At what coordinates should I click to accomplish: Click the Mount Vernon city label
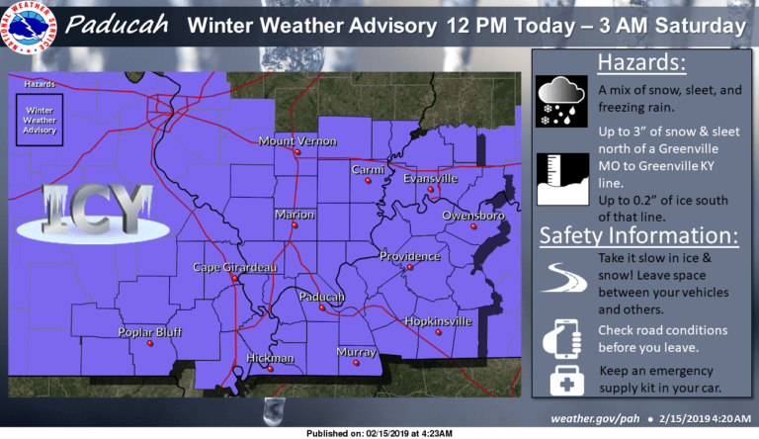(297, 141)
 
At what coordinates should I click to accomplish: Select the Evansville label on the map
(430, 178)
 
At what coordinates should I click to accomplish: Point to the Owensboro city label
(473, 215)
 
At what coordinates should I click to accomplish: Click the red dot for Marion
(294, 226)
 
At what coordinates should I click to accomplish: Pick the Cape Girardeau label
(234, 267)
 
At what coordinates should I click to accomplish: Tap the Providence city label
(409, 256)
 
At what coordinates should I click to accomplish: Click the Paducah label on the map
(321, 297)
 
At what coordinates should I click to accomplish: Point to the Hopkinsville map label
(438, 321)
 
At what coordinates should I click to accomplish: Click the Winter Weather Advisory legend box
(41, 118)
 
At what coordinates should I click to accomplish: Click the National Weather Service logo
(31, 29)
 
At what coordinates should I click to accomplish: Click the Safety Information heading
(638, 237)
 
